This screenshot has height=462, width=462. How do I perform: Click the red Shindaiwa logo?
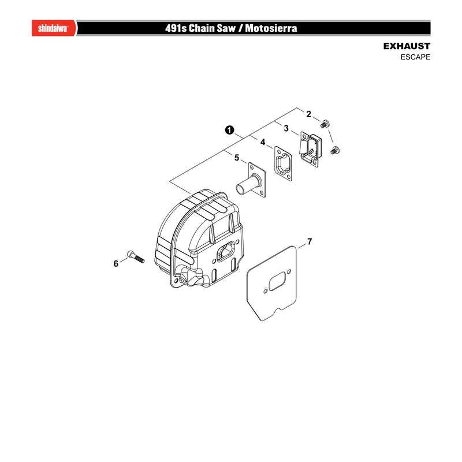54,28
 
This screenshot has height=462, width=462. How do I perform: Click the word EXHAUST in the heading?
407,46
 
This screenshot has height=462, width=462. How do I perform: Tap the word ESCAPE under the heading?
415,57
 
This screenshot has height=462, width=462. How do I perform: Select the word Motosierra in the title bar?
271,28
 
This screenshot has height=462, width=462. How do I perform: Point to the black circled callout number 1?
229,130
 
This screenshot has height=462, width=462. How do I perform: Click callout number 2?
308,114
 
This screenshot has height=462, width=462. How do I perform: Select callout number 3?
286,128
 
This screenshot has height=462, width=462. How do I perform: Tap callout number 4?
263,142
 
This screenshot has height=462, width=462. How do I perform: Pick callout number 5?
237,158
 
